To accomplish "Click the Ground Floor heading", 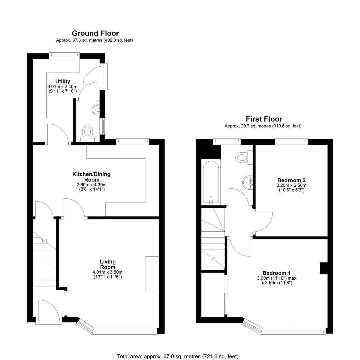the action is [x=95, y=33].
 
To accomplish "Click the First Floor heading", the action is [x=264, y=119].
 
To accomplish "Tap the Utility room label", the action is [x=63, y=82].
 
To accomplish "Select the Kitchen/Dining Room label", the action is [x=91, y=177].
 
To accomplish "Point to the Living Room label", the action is [x=108, y=264].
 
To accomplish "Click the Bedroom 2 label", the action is [x=291, y=180].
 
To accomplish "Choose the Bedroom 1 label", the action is [x=276, y=273].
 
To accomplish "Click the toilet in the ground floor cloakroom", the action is [x=87, y=133].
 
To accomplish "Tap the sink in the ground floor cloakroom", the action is [x=96, y=109].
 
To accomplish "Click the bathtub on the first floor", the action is [x=211, y=183].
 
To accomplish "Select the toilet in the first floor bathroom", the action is [x=244, y=157].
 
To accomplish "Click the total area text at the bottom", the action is [x=177, y=356].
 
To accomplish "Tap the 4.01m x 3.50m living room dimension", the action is [x=107, y=272].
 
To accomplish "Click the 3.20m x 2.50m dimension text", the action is [x=291, y=185].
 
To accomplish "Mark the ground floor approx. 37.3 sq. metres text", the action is [x=94, y=40].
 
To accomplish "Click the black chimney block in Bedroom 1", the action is [x=323, y=268].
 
